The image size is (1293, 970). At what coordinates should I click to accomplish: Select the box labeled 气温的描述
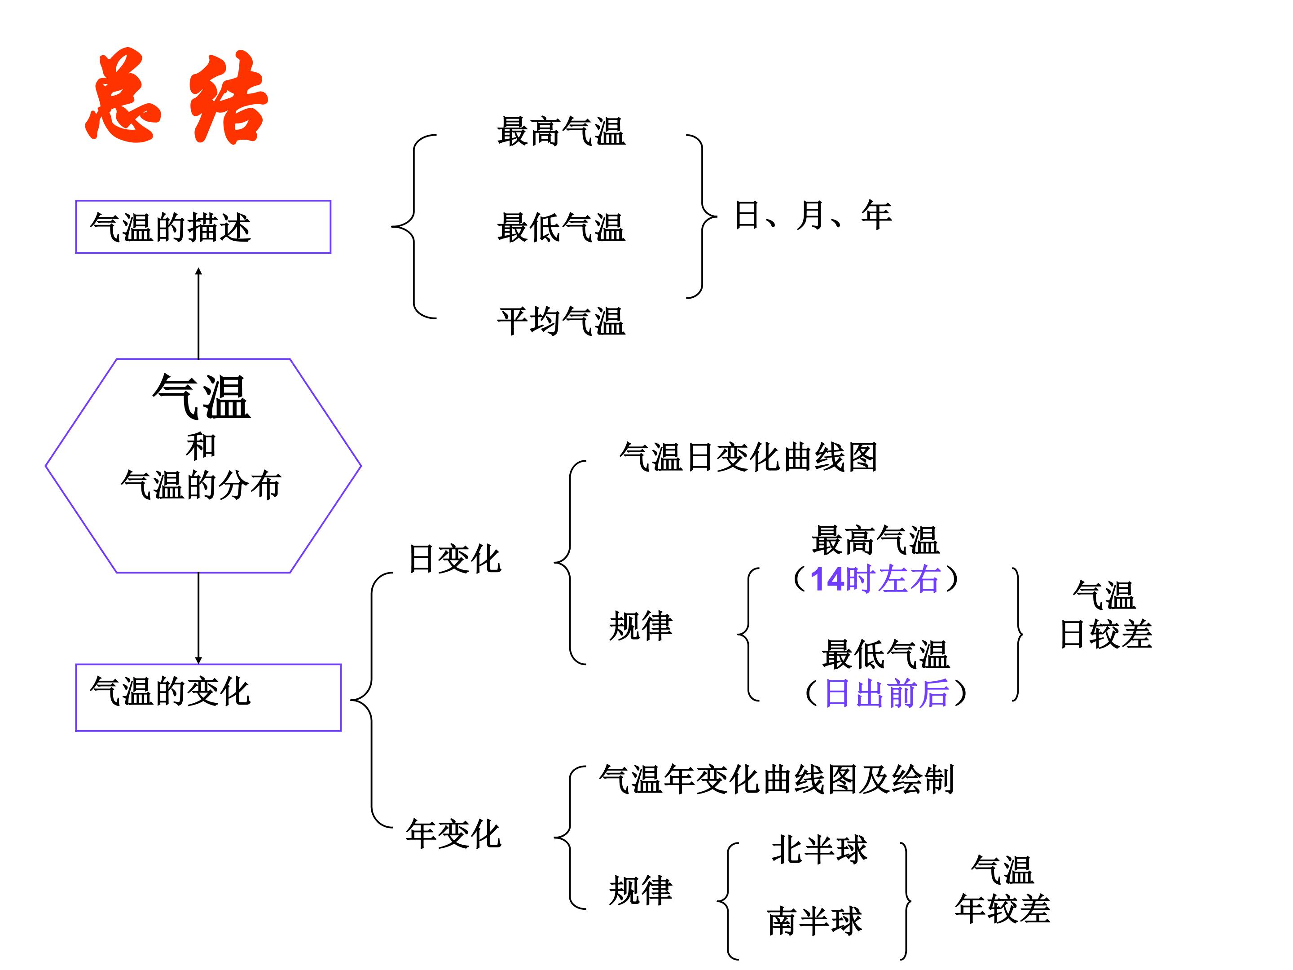pyautogui.click(x=203, y=227)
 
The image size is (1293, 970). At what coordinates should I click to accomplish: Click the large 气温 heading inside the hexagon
pyautogui.click(x=202, y=397)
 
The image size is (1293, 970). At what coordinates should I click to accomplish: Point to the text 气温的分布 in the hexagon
pyautogui.click(x=202, y=485)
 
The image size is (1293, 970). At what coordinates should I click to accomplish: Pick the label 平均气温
pyautogui.click(x=561, y=322)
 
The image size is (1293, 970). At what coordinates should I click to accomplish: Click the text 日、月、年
pyautogui.click(x=813, y=215)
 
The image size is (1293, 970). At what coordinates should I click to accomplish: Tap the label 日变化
pyautogui.click(x=455, y=559)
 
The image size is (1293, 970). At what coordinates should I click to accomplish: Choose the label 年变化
pyautogui.click(x=453, y=834)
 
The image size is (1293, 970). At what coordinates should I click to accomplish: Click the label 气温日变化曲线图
pyautogui.click(x=748, y=457)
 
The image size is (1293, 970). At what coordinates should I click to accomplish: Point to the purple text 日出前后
pyautogui.click(x=886, y=693)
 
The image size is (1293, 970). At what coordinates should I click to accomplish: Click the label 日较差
pyautogui.click(x=1106, y=635)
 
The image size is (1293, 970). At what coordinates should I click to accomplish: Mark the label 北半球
pyautogui.click(x=819, y=850)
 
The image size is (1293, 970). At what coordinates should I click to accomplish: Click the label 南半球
pyautogui.click(x=814, y=921)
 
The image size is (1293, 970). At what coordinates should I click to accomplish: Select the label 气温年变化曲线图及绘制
pyautogui.click(x=776, y=780)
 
